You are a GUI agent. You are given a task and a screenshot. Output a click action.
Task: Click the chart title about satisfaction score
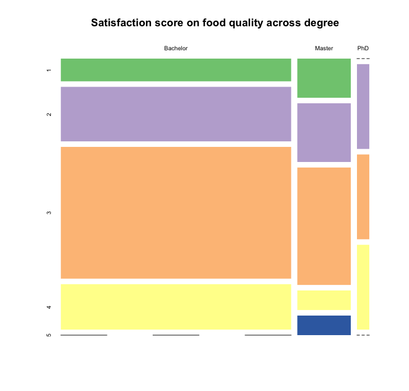[x=215, y=23]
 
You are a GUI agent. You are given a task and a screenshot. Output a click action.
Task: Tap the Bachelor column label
[x=176, y=49]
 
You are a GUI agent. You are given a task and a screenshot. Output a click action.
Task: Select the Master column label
[x=324, y=49]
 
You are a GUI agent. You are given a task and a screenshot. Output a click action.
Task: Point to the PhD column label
[x=363, y=49]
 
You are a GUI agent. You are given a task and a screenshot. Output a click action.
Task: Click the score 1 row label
[x=49, y=70]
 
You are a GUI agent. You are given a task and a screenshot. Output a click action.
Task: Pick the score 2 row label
[x=49, y=114]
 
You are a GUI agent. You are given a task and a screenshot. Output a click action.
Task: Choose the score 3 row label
[x=49, y=213]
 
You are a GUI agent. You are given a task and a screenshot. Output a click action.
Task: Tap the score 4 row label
[x=49, y=307]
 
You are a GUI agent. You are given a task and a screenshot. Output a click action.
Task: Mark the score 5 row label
[x=49, y=335]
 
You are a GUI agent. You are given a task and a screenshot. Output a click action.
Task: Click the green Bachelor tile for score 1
[x=176, y=70]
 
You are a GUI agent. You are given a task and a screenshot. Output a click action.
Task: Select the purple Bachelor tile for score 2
[x=176, y=114]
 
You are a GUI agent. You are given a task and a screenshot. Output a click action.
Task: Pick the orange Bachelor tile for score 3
[x=176, y=212]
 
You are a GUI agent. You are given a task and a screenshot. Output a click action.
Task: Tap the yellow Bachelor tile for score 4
[x=176, y=307]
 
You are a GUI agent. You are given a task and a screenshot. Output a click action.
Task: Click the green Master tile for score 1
[x=324, y=78]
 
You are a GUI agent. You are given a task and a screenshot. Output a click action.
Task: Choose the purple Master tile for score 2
[x=324, y=132]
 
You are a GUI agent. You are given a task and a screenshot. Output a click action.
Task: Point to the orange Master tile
[x=324, y=226]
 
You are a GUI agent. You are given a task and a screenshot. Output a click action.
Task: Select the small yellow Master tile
[x=324, y=300]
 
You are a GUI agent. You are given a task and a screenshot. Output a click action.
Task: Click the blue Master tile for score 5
[x=324, y=325]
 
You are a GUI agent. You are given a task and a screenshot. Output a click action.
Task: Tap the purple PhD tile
[x=363, y=106]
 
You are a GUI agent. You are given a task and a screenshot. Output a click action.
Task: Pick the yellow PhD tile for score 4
[x=363, y=287]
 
